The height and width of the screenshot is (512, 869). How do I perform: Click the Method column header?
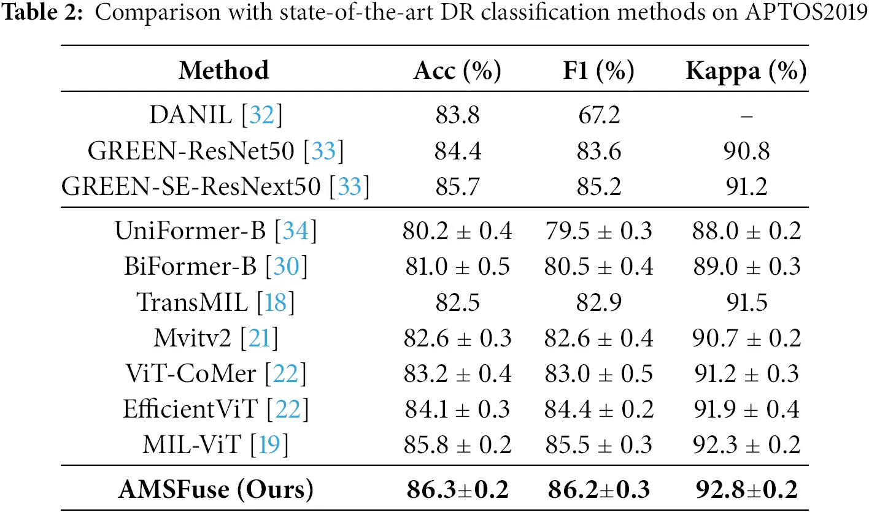223,71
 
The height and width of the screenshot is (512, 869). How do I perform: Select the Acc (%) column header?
457,71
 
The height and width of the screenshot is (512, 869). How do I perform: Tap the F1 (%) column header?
593,71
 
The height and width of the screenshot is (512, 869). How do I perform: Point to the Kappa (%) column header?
745,71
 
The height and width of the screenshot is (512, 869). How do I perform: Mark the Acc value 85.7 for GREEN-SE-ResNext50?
457,186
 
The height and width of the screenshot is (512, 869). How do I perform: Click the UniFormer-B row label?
190,231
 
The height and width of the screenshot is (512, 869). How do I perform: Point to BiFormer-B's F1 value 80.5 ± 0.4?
598,267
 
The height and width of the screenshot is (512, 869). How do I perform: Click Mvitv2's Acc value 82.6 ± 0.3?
457,338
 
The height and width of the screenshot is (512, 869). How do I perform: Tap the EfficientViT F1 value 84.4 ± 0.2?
598,409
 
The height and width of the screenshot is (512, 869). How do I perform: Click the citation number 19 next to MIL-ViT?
268,445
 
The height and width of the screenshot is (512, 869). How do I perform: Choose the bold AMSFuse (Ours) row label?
215,489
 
